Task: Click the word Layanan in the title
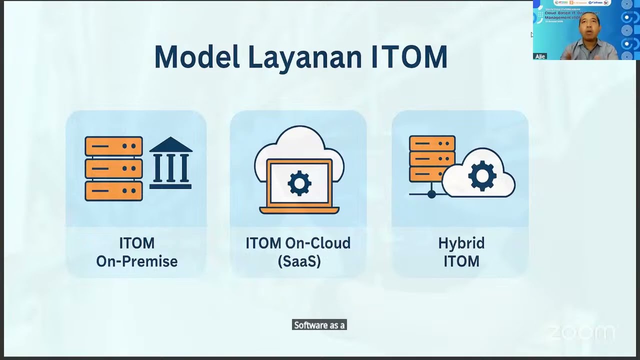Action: click(x=305, y=57)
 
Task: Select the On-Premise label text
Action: click(x=136, y=261)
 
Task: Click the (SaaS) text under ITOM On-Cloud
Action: click(x=299, y=261)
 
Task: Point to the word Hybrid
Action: click(x=461, y=243)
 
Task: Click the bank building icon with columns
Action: click(x=170, y=163)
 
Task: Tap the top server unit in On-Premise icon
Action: click(x=113, y=146)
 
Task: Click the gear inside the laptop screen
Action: click(x=299, y=183)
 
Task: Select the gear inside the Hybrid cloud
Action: click(x=482, y=175)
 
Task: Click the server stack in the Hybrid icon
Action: click(x=432, y=158)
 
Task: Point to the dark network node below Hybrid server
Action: click(x=431, y=194)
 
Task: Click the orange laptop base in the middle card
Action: click(x=299, y=209)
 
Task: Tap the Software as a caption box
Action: click(x=319, y=325)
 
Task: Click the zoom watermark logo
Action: click(x=581, y=332)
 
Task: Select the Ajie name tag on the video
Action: click(x=540, y=56)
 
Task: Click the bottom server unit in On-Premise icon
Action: click(x=113, y=191)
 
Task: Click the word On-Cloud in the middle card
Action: click(x=317, y=243)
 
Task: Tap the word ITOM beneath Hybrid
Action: click(x=461, y=261)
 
